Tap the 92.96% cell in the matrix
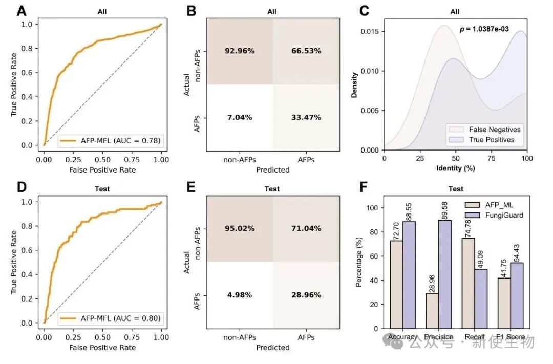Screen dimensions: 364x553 240,51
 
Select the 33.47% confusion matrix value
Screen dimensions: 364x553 306,117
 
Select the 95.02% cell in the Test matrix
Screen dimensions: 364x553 240,228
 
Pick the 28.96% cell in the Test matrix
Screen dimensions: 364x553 306,295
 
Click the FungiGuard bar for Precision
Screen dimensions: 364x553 445,274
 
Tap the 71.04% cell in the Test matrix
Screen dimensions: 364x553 306,228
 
